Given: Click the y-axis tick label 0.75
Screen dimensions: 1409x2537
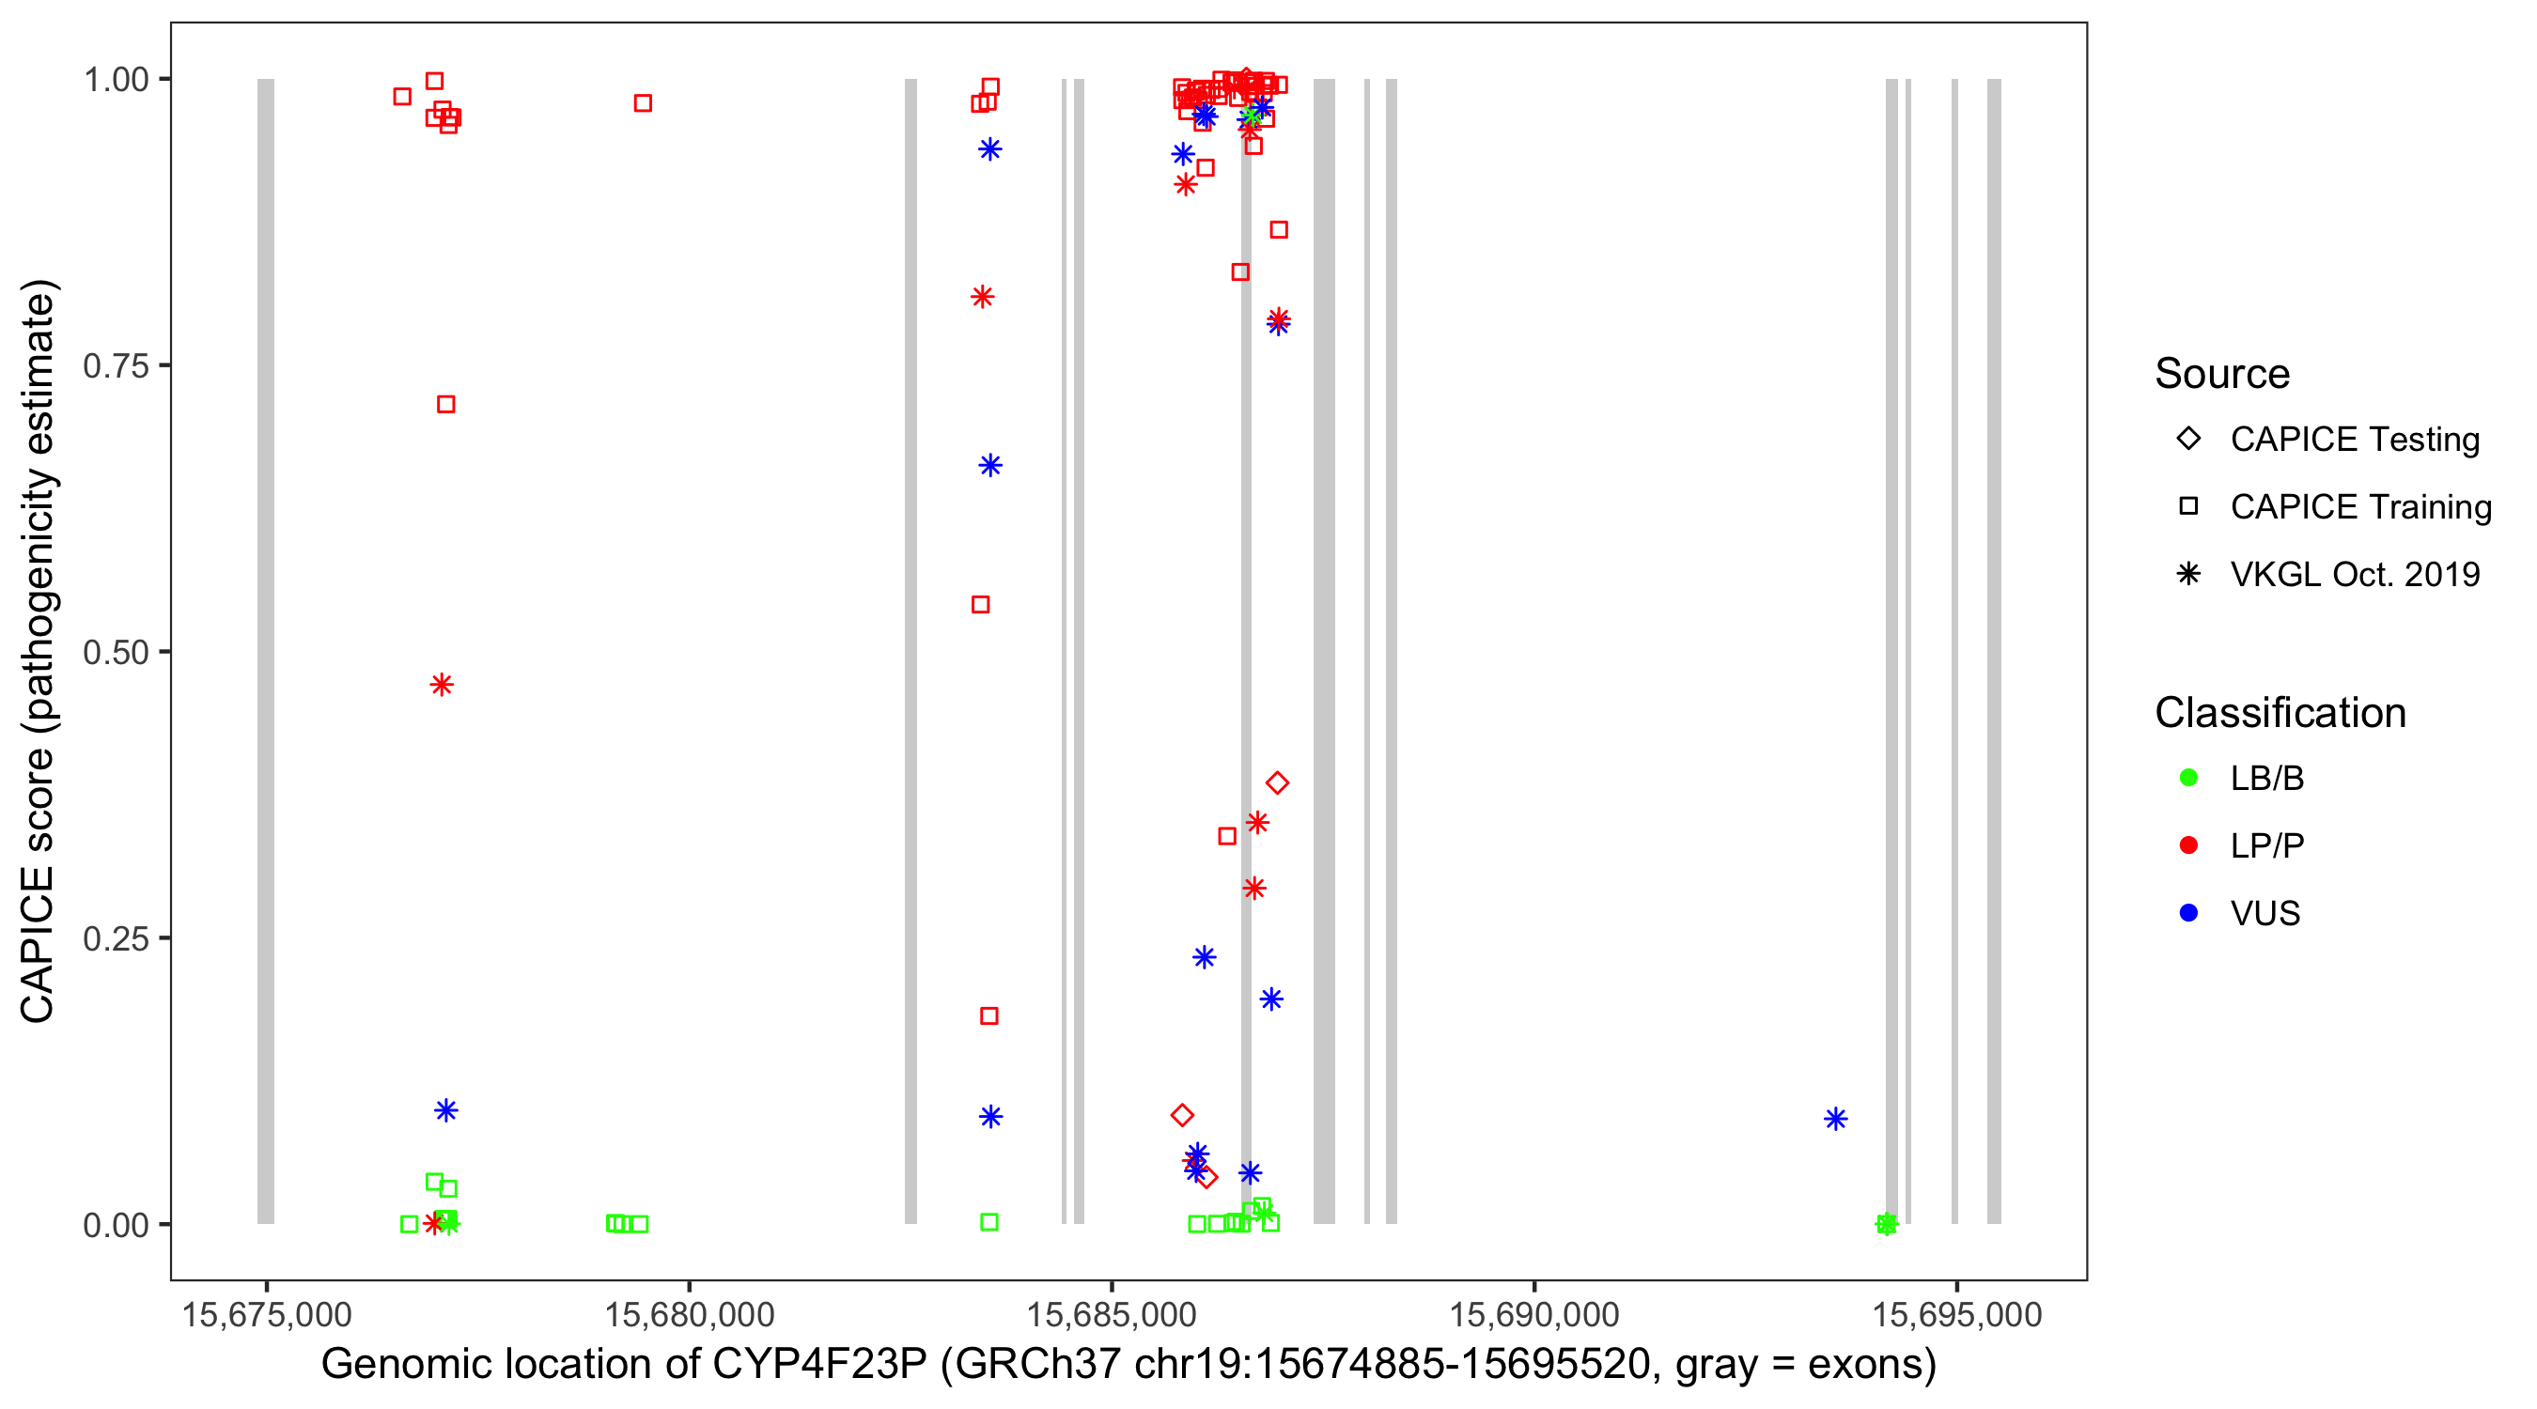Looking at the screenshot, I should point(115,366).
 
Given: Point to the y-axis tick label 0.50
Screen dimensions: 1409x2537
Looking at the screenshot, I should point(115,653).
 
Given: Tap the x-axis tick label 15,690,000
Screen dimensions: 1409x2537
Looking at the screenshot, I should point(1533,1314).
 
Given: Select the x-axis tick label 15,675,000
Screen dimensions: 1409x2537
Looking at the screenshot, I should point(266,1314).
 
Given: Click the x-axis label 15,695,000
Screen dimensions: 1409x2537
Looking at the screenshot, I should point(1956,1314).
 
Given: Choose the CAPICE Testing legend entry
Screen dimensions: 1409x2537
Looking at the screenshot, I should point(2354,440).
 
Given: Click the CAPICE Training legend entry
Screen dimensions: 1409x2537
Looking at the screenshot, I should point(2359,507).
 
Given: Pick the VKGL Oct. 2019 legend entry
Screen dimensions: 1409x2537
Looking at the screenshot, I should point(2354,574).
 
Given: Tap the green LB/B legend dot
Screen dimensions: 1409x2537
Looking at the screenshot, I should point(2188,778).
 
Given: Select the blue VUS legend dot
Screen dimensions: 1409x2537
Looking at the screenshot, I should point(2188,913).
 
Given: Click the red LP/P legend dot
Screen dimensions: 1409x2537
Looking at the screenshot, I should point(2188,845).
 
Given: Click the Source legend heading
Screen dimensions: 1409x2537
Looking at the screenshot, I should point(2222,374).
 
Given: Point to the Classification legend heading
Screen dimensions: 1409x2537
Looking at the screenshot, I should point(2280,713).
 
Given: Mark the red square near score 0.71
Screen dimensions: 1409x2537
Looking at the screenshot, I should point(446,405).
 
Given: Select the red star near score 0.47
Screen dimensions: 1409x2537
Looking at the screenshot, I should point(443,685).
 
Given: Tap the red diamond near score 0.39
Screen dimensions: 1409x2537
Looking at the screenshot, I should point(1277,782).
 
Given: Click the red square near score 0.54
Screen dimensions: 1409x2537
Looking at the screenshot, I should point(981,605).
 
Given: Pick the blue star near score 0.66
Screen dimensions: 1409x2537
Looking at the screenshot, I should point(990,466).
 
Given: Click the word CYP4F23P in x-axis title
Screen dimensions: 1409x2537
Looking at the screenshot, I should point(819,1365).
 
